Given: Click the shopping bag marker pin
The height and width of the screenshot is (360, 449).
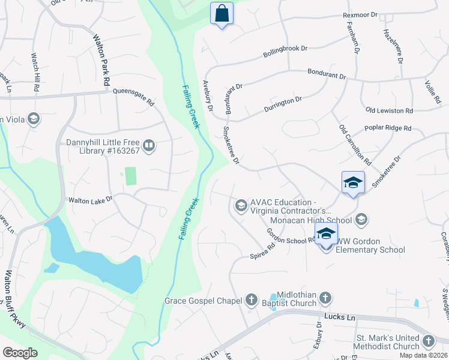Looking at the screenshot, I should (x=221, y=13).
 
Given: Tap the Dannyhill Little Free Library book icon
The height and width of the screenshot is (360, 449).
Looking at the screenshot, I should (x=149, y=145).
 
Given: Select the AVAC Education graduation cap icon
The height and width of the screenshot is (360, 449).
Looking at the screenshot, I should (x=241, y=206).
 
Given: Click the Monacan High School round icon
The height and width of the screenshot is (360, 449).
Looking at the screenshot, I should (x=361, y=220).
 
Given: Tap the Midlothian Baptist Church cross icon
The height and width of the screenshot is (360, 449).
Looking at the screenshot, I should (x=325, y=297).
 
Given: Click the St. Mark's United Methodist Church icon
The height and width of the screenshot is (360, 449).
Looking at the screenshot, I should (x=428, y=341).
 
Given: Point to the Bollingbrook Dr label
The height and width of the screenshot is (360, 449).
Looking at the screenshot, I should (x=285, y=52).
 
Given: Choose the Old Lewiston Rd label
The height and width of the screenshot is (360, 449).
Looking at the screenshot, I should (x=389, y=111).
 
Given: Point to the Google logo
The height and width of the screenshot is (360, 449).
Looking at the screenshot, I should (x=20, y=353).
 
